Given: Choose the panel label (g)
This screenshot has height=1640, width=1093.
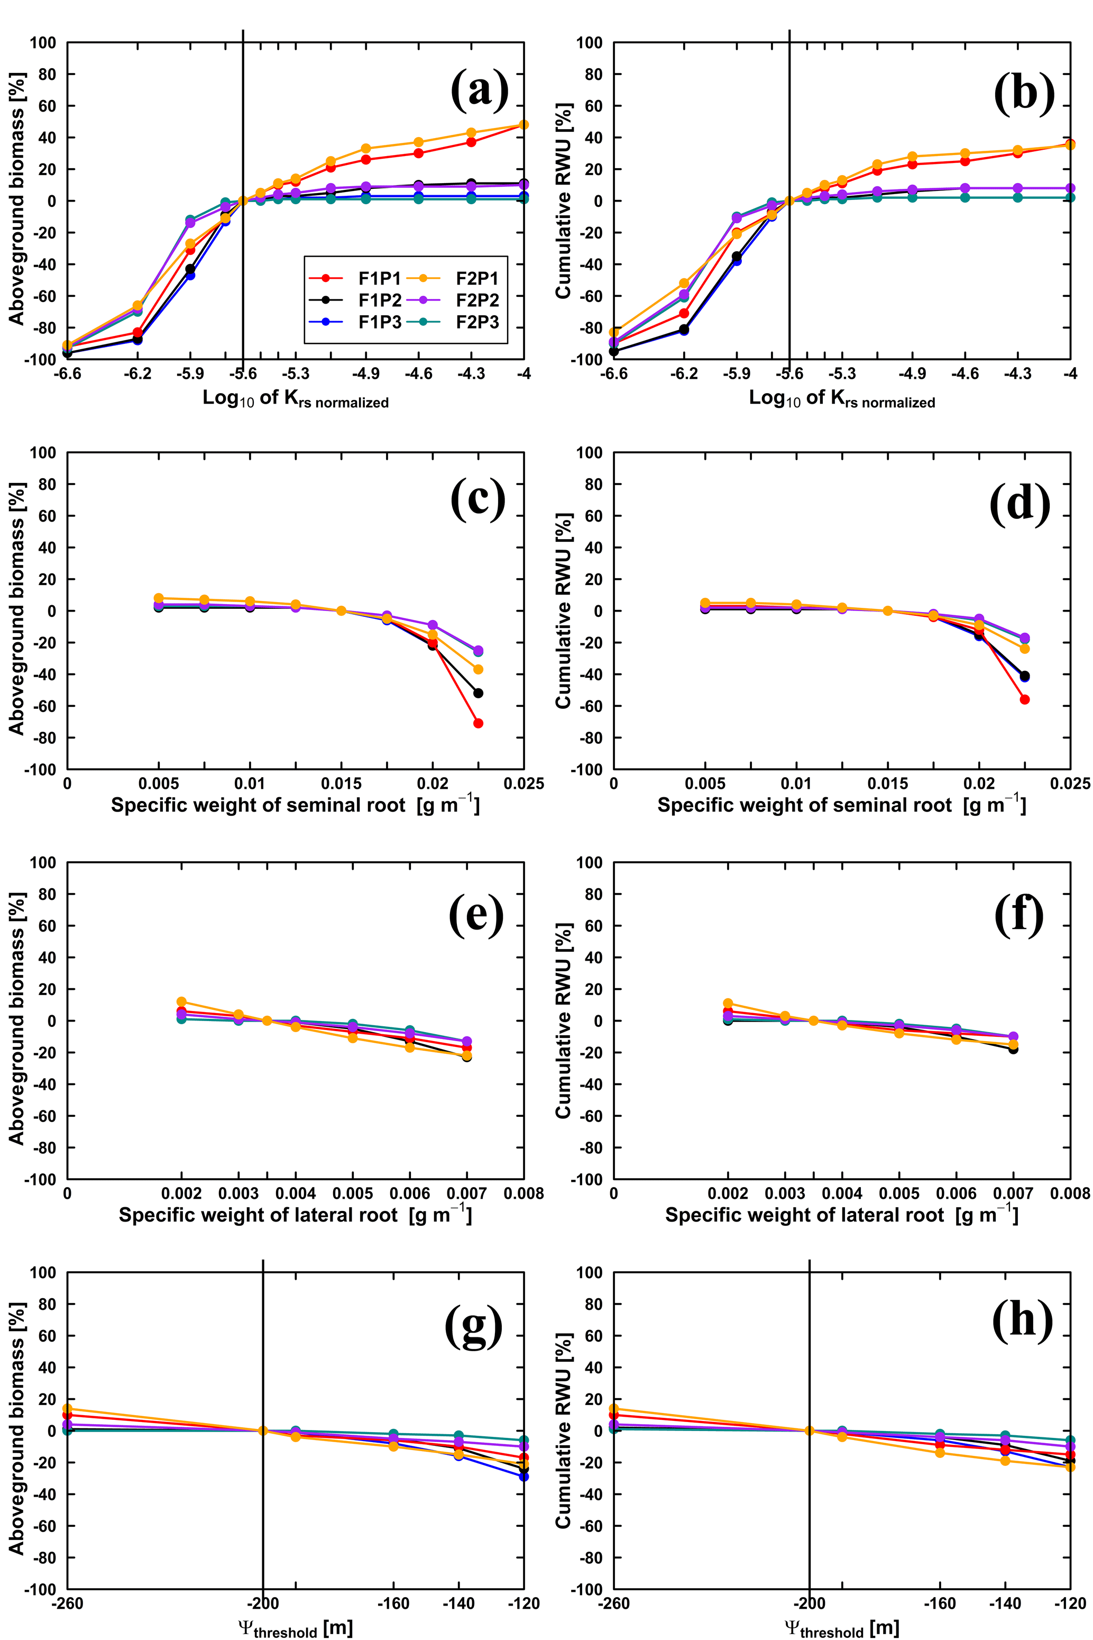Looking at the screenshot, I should coord(473,1319).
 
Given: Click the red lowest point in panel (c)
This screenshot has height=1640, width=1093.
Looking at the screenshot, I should coord(478,723).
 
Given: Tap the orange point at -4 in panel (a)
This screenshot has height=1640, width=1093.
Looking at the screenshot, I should coord(524,125).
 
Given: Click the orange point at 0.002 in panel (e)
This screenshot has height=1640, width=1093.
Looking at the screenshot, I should coord(181,1002).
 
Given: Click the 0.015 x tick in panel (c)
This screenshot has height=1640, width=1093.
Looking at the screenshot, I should coord(342,783).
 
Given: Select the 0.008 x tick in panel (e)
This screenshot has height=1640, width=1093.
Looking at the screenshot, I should coord(524,1193).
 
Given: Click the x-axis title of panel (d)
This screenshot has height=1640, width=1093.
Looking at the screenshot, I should coord(841,805).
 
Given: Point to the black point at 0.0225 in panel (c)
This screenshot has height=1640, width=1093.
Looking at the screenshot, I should coord(478,693).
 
